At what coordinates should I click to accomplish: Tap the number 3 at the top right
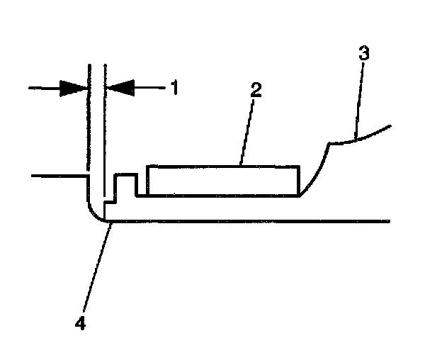tap(363, 54)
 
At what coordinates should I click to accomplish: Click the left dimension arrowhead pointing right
tap(75, 88)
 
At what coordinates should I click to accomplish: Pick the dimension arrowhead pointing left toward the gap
tap(118, 88)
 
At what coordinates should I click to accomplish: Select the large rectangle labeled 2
tap(222, 180)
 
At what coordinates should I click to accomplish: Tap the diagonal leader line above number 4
tap(96, 269)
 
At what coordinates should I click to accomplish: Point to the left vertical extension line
tap(89, 128)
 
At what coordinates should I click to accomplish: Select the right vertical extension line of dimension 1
tap(104, 128)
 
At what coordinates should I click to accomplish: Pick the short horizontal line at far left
tap(57, 174)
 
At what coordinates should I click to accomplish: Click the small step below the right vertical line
tap(109, 203)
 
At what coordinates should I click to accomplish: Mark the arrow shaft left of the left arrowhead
tap(44, 88)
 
